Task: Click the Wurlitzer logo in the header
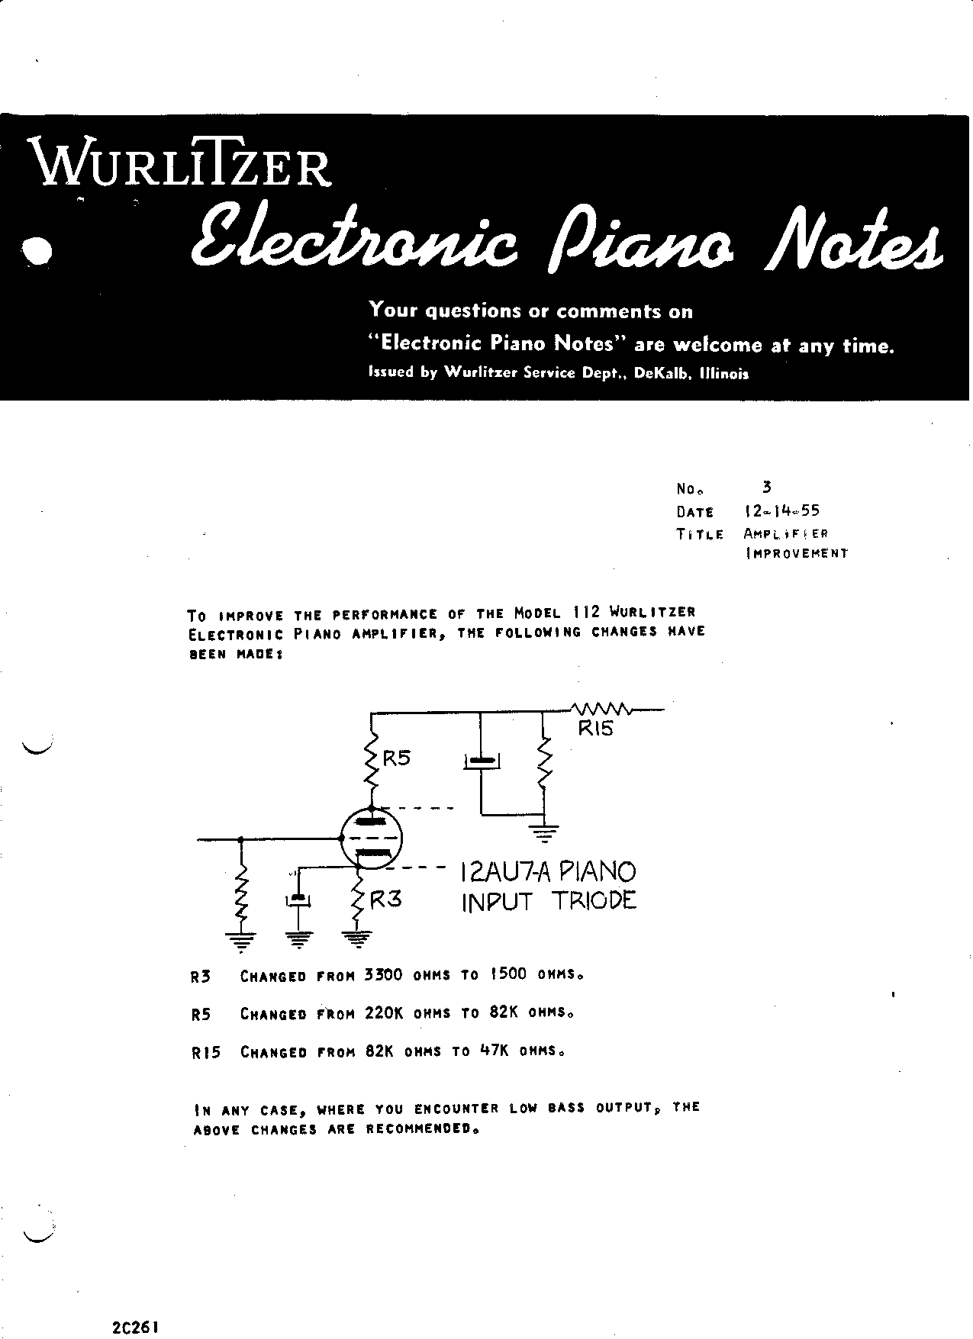tap(180, 162)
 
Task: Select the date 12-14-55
tap(781, 511)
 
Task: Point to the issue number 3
tap(767, 487)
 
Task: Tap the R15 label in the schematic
tap(595, 729)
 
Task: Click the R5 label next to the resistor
tap(396, 758)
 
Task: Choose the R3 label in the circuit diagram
tap(385, 899)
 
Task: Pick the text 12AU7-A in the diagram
tap(504, 871)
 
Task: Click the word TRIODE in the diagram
tap(594, 901)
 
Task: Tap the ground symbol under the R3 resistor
tap(356, 937)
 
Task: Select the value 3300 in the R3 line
tap(383, 974)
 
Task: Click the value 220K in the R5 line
tap(383, 1013)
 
